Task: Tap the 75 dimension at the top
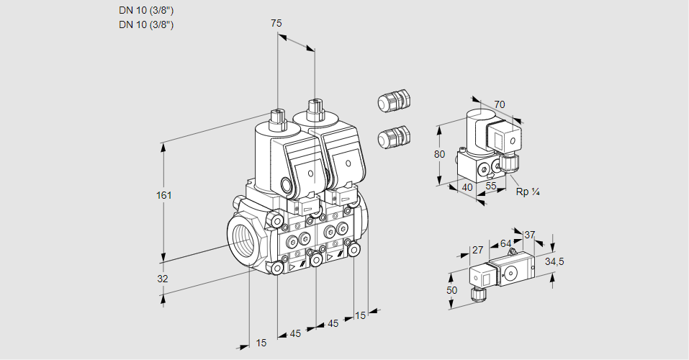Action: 276,24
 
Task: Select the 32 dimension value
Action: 163,278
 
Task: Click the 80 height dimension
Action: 441,154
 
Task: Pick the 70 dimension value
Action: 500,104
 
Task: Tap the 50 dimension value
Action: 451,290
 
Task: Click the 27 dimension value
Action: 477,251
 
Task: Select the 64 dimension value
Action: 505,244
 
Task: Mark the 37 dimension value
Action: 529,235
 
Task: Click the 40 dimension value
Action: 467,187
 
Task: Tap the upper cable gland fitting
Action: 393,102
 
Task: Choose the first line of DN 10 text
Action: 146,10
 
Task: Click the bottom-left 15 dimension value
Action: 261,343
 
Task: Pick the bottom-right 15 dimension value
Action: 360,315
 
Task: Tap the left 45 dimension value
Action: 295,333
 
